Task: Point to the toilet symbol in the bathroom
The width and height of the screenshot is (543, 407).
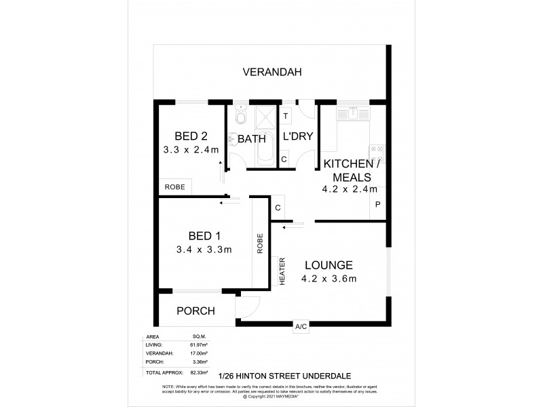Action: [238, 119]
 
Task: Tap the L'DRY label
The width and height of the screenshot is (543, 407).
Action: [297, 136]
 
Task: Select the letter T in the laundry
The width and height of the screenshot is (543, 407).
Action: [286, 116]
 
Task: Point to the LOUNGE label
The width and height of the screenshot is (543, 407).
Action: [328, 265]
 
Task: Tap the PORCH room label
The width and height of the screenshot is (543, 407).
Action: [195, 311]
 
